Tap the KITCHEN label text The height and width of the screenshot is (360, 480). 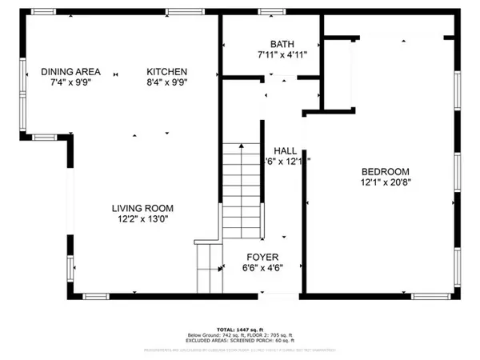pos(167,72)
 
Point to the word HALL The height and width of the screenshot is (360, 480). pos(286,150)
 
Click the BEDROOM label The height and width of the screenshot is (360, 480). pos(386,171)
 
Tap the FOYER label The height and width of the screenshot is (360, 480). pos(262,258)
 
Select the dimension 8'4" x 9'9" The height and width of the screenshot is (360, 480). pos(167,82)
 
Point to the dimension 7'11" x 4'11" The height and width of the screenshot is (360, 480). pos(283,54)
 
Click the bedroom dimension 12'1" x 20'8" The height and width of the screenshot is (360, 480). pos(386,182)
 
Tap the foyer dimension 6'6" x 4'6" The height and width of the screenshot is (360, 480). pos(262,268)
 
